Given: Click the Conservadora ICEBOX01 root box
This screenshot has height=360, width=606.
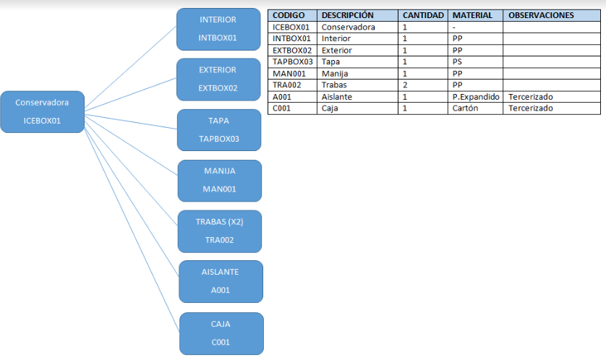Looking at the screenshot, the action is [x=43, y=112].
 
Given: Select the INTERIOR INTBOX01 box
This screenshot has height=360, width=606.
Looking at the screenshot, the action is [x=218, y=30].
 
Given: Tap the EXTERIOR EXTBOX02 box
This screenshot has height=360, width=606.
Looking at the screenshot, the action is [x=218, y=80].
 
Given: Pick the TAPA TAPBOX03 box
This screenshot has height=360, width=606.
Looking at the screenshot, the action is [x=219, y=130].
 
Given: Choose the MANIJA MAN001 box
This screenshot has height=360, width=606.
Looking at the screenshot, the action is [x=220, y=181].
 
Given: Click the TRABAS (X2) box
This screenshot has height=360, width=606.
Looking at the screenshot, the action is [x=220, y=231].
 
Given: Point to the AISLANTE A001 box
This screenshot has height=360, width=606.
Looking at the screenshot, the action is [x=221, y=282].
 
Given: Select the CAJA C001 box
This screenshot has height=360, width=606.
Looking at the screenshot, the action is [x=221, y=334].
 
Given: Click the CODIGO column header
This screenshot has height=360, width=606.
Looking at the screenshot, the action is [x=289, y=15].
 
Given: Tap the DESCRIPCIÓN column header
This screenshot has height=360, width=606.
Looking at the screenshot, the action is [x=347, y=15].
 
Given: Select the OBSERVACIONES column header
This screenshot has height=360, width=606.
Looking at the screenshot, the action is [x=541, y=15].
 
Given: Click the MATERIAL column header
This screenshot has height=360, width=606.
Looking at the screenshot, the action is [x=472, y=15].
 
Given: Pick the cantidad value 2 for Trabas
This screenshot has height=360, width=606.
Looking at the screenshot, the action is [x=405, y=85].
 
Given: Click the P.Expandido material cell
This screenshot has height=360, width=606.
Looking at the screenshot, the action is [x=476, y=97].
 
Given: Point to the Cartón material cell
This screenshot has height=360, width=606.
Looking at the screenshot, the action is [x=465, y=108].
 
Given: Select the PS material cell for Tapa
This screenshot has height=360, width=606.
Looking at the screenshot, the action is [x=457, y=61].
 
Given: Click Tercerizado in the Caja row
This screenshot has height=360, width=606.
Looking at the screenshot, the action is [x=530, y=108].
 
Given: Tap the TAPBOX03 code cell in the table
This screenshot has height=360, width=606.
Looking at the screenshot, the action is [x=293, y=61].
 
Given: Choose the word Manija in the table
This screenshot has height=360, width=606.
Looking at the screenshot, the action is [x=335, y=74].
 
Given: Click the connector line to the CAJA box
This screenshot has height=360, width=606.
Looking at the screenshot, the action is [x=132, y=230].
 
